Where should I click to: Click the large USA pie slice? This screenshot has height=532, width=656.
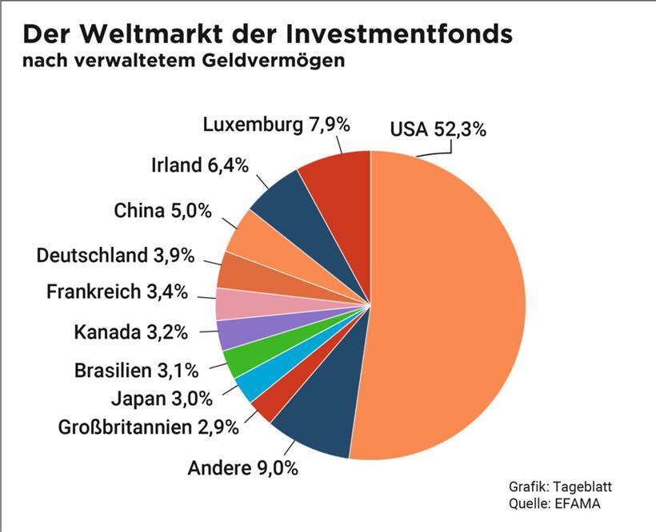(448, 304)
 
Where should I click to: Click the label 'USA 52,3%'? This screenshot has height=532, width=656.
(438, 129)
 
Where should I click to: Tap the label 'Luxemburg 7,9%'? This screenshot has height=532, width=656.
(276, 125)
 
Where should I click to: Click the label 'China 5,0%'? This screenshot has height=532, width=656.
(162, 211)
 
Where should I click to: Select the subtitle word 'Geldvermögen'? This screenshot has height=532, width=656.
(274, 61)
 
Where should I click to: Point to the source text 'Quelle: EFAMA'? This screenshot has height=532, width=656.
(554, 503)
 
